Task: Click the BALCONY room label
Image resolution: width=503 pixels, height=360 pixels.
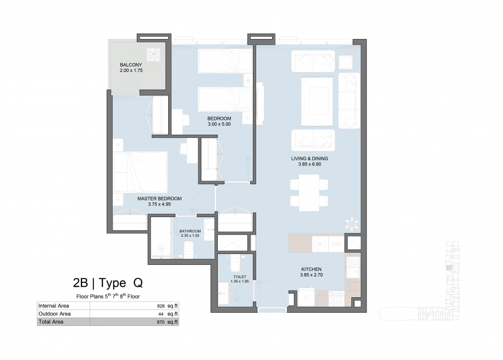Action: coord(131,65)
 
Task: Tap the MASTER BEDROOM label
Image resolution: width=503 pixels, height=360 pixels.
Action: coord(159,198)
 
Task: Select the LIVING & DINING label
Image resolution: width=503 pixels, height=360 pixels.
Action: coord(309,158)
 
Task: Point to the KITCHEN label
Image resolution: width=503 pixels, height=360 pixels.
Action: coord(311,269)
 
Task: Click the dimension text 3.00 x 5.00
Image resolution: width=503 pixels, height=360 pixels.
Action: coord(219,124)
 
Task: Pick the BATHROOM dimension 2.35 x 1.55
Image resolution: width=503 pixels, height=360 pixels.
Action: coord(190,235)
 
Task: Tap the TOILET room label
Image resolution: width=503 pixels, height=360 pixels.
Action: coord(240,277)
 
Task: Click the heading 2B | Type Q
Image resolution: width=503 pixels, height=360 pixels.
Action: coord(108,283)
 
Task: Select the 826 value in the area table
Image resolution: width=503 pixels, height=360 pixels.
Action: coord(161,306)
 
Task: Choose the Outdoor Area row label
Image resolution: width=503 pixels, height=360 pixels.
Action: coord(54,314)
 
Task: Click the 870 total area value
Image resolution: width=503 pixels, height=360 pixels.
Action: coord(161,322)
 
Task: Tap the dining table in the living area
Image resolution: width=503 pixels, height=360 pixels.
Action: coord(309,192)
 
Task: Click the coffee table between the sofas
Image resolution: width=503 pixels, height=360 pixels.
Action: coord(317,101)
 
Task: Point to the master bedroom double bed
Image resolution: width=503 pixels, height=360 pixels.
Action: coord(140,172)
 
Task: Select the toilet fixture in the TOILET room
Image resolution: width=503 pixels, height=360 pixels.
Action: coord(235,264)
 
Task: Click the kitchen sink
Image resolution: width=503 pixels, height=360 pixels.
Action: coord(353,267)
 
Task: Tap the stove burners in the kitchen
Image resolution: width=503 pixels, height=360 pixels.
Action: coord(336,298)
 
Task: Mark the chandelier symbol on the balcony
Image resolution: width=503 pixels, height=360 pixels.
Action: coord(153,55)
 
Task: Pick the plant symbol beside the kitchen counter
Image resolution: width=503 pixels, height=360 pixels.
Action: coord(352,223)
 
